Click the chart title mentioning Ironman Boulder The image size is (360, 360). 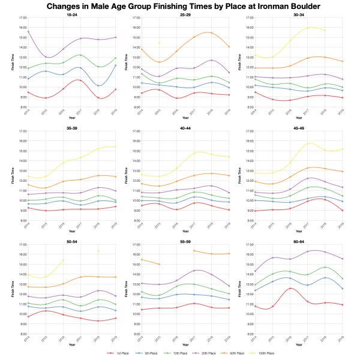tap(180, 6)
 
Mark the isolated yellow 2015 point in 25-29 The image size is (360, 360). tap(159, 43)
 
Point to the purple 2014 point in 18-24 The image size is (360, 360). tap(28, 32)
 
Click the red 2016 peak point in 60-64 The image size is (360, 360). tap(290, 289)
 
